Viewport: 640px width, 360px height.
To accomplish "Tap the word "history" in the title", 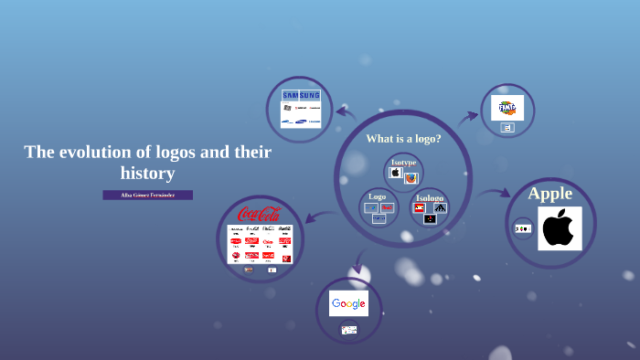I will click(x=147, y=173).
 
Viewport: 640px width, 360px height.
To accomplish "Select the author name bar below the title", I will click(x=148, y=195).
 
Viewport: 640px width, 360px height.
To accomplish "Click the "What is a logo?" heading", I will click(x=403, y=139).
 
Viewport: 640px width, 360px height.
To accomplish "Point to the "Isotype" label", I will click(x=403, y=162).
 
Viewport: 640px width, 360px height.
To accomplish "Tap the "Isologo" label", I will click(x=429, y=197).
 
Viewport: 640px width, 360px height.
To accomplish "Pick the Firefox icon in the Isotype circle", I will click(x=411, y=177).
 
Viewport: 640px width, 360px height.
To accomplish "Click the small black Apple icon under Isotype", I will click(x=396, y=172).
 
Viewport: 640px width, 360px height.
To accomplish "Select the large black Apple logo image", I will click(x=560, y=228).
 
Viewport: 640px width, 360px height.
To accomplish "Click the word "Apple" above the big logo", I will click(x=550, y=194).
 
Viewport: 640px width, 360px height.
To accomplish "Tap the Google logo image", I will click(x=348, y=303).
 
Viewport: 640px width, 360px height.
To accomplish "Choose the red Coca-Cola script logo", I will click(x=259, y=215).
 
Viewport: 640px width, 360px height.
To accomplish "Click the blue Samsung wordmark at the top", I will click(x=301, y=95).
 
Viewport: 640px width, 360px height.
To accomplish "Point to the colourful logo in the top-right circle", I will click(x=507, y=108).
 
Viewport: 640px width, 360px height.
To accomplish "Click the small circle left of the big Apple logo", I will click(x=522, y=228).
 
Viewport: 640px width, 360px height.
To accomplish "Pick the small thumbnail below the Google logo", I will click(x=348, y=329).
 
